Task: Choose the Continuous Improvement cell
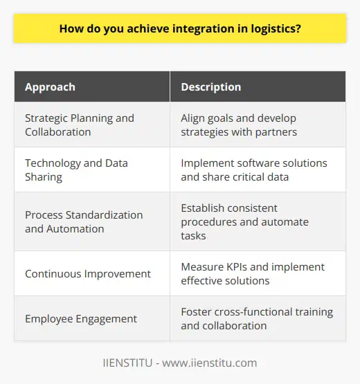click(87, 273)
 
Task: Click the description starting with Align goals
click(249, 124)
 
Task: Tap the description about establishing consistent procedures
click(246, 221)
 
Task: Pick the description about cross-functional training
click(257, 319)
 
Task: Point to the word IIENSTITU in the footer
click(124, 363)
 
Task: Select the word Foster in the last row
click(197, 312)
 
